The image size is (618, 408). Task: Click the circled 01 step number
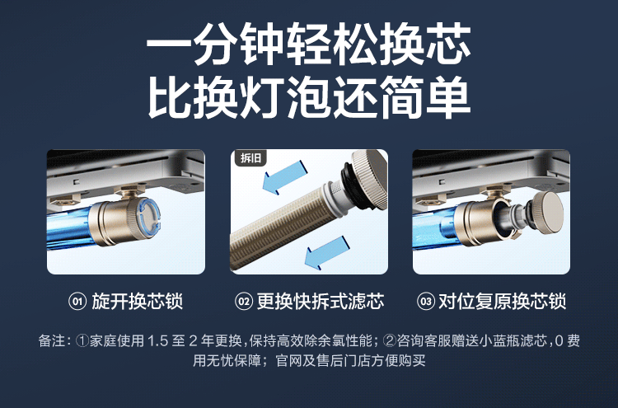click(x=77, y=302)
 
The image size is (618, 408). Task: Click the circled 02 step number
click(x=243, y=302)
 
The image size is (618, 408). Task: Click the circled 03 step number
click(x=425, y=302)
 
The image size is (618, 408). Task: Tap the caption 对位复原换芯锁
click(x=502, y=302)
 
